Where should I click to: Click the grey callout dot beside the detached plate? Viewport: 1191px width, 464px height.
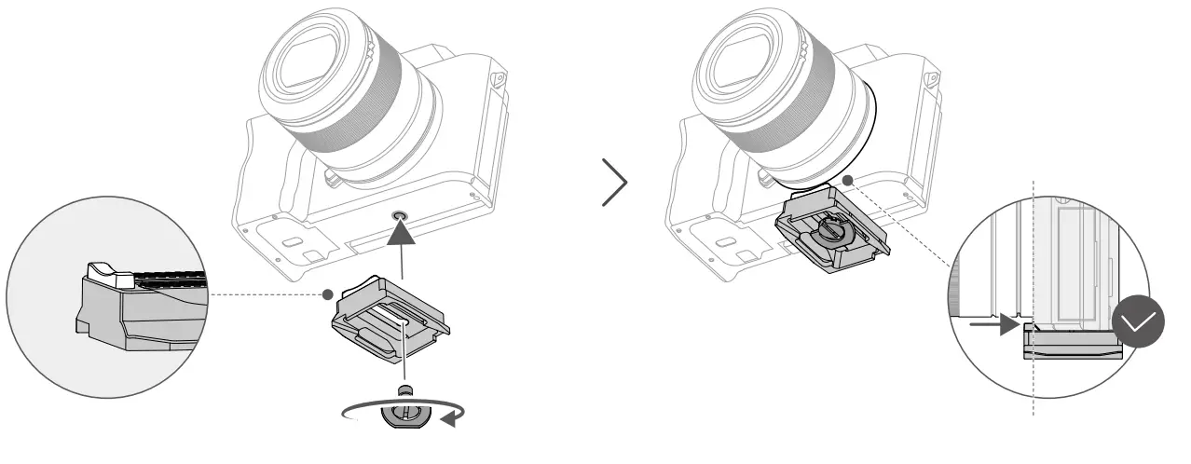[327, 294]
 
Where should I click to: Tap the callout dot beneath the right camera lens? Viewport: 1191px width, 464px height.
[847, 180]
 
